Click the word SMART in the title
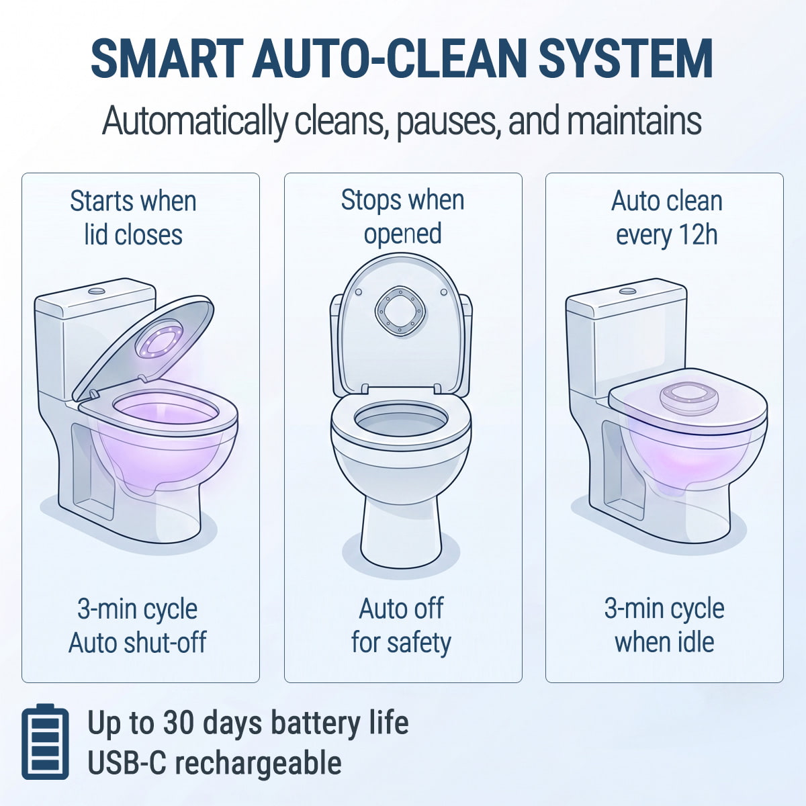tap(167, 58)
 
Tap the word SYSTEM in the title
tap(625, 58)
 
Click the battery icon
tap(45, 742)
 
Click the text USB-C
tap(127, 762)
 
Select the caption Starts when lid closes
tap(134, 218)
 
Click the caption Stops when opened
tap(402, 217)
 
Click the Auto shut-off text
tap(137, 643)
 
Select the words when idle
tap(664, 643)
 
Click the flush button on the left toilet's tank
tap(97, 290)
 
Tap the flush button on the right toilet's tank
tap(627, 291)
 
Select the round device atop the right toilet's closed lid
tap(689, 398)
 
